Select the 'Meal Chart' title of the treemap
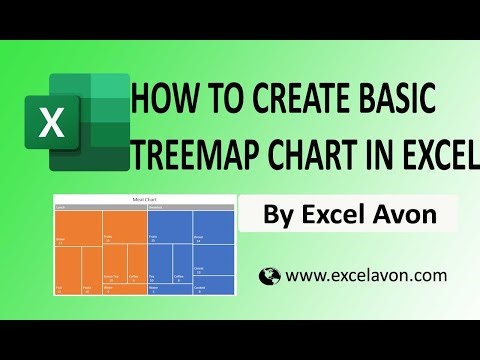click(144, 200)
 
